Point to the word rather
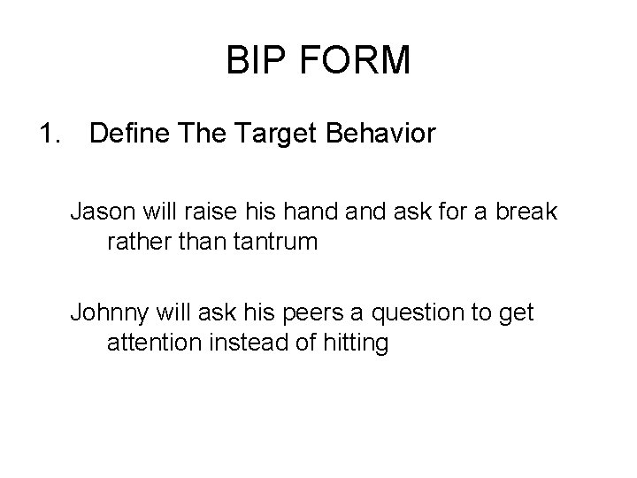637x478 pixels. (136, 242)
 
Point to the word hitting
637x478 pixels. (357, 343)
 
